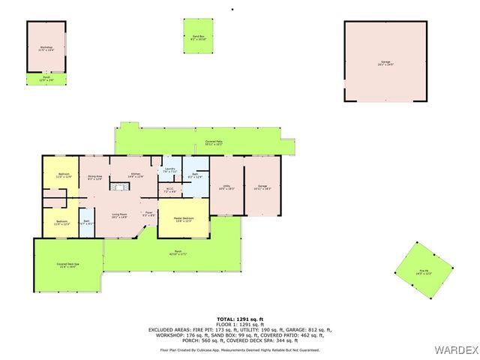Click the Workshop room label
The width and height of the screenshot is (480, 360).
click(46, 49)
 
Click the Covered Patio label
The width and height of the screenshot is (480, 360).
click(214, 142)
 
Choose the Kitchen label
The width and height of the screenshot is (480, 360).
click(136, 175)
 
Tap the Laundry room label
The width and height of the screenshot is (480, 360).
click(169, 170)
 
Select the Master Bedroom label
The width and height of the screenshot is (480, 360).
click(183, 219)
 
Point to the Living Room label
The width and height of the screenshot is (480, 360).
click(119, 216)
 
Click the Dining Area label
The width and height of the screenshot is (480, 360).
click(95, 178)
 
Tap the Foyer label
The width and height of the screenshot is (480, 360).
click(149, 214)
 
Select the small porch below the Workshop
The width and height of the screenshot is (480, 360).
click(46, 79)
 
